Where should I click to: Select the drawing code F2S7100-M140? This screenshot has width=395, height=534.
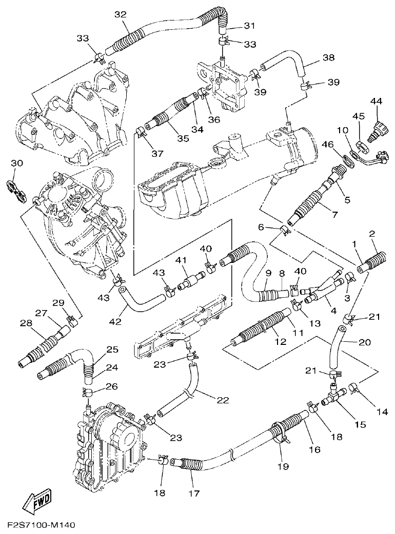coord(42,525)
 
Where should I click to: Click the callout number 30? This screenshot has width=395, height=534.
coord(17,162)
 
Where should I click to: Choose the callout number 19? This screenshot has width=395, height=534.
coord(283,466)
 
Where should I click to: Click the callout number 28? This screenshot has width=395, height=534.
coord(25,323)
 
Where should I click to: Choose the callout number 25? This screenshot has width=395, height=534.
coord(112,350)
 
